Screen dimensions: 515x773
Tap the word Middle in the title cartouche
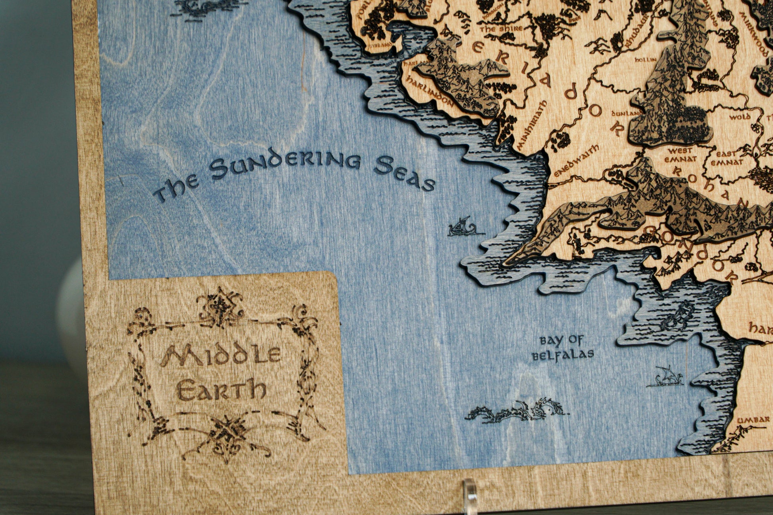point(220,355)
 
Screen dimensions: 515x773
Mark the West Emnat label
point(681,154)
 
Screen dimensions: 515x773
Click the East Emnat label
point(727,158)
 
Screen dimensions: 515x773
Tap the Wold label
point(739,117)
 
